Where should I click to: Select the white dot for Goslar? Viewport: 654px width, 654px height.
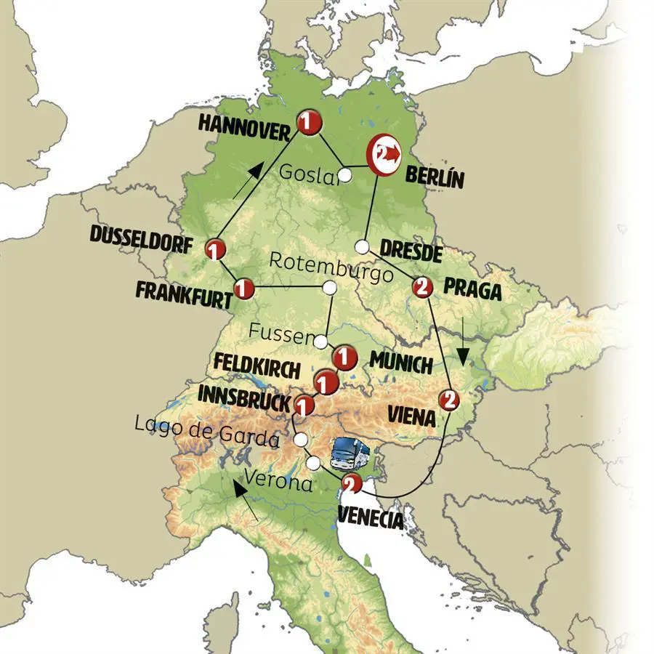coord(346,175)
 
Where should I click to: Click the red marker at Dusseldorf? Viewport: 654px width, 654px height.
coord(214,249)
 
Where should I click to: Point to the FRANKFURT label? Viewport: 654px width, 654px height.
coord(184,294)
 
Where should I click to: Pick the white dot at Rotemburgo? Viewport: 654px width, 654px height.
coord(329,288)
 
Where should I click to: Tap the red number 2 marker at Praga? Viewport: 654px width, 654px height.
coord(423,288)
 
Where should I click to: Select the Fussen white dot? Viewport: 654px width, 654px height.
coord(320,339)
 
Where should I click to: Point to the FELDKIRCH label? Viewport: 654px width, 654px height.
coord(257,368)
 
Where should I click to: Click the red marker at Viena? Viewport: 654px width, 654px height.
coord(449,399)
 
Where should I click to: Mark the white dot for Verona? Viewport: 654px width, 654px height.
coord(312,463)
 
